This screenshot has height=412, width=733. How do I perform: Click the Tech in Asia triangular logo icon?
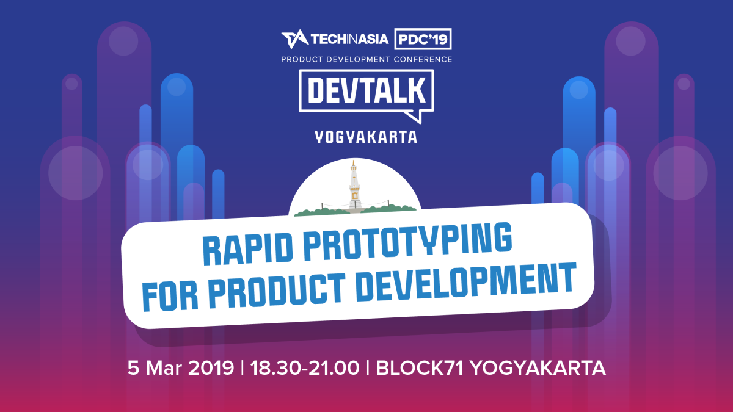(x=294, y=40)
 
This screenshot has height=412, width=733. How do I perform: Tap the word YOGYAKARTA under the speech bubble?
(x=366, y=137)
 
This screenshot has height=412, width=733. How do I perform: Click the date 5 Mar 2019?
(x=180, y=368)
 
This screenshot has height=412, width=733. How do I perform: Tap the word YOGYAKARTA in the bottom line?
(x=538, y=368)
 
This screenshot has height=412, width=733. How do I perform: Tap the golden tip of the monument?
(x=354, y=163)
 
